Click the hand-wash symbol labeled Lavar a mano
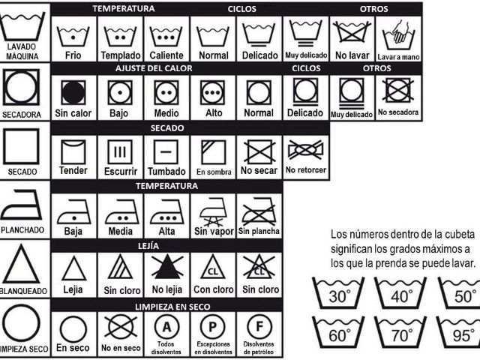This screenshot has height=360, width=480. (398, 35)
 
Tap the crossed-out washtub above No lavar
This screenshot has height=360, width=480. (352, 31)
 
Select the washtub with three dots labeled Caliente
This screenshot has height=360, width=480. (166, 37)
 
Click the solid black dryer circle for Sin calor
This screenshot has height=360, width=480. (73, 92)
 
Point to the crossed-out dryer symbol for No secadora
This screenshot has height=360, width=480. (397, 90)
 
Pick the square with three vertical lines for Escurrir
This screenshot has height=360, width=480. (120, 152)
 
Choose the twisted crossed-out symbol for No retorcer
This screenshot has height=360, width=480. (305, 150)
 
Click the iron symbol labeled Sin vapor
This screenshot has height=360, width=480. (213, 211)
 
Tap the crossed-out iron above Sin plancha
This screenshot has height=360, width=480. (259, 211)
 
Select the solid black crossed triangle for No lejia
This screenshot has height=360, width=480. (167, 266)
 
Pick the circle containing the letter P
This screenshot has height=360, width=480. (212, 327)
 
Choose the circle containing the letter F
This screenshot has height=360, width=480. (259, 327)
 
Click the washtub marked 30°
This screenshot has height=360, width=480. (338, 293)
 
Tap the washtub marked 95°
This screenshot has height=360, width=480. (459, 333)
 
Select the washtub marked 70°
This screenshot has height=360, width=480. (400, 333)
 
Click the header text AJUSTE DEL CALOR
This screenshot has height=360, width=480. (154, 68)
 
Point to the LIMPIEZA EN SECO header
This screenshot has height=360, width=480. (172, 307)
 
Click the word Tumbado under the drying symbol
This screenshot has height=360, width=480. (166, 171)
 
